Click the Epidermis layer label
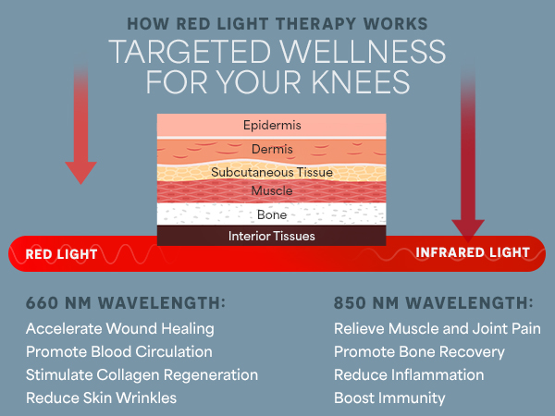(271, 125)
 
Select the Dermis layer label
(271, 149)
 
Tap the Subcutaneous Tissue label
(271, 172)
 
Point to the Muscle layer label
(271, 191)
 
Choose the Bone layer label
(271, 214)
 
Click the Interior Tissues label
(271, 236)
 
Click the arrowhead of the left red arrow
(81, 171)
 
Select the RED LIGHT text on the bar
(61, 253)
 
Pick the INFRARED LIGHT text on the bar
(473, 252)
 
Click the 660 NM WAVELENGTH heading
(126, 303)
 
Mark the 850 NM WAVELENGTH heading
(433, 303)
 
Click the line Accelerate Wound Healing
(120, 328)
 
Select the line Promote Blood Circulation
(119, 352)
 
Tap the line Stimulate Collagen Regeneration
(142, 375)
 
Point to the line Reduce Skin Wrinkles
(102, 398)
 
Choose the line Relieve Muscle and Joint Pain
(438, 328)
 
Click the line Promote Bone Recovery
(419, 352)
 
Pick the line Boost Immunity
(389, 398)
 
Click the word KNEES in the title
(362, 80)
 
